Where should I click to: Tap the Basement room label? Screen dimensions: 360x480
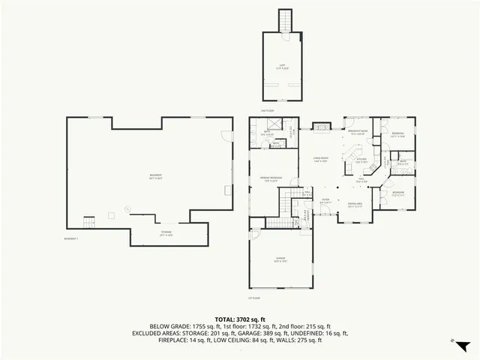point(156,176)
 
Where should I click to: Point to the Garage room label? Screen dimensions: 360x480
point(279,260)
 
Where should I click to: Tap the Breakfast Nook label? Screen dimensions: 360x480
point(358,133)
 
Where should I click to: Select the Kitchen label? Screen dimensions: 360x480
point(361,159)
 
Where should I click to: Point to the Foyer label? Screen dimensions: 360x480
point(325,202)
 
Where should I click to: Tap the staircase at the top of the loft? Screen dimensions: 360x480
point(285,19)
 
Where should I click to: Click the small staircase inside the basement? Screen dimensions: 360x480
point(89,222)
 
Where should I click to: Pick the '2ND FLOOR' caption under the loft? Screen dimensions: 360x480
point(268,111)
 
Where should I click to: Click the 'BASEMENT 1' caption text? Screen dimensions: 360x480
point(71,238)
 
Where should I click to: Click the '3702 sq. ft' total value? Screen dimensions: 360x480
point(254,319)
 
